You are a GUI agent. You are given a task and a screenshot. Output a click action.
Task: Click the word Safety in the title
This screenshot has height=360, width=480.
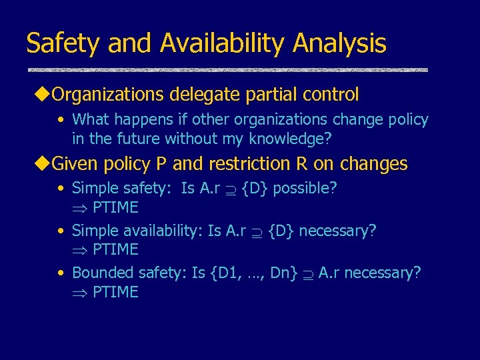63,44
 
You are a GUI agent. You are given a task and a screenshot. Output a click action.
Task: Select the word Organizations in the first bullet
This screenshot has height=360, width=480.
107,95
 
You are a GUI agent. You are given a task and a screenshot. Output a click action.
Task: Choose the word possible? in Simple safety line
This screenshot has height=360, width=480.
305,189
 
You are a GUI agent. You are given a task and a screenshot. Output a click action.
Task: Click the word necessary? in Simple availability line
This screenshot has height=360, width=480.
337,231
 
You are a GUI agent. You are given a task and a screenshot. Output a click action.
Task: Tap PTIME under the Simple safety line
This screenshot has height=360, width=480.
115,208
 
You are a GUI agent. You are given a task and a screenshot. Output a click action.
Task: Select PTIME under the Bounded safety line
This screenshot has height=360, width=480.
115,292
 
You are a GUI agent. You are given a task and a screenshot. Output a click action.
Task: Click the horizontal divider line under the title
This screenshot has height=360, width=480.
227,70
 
